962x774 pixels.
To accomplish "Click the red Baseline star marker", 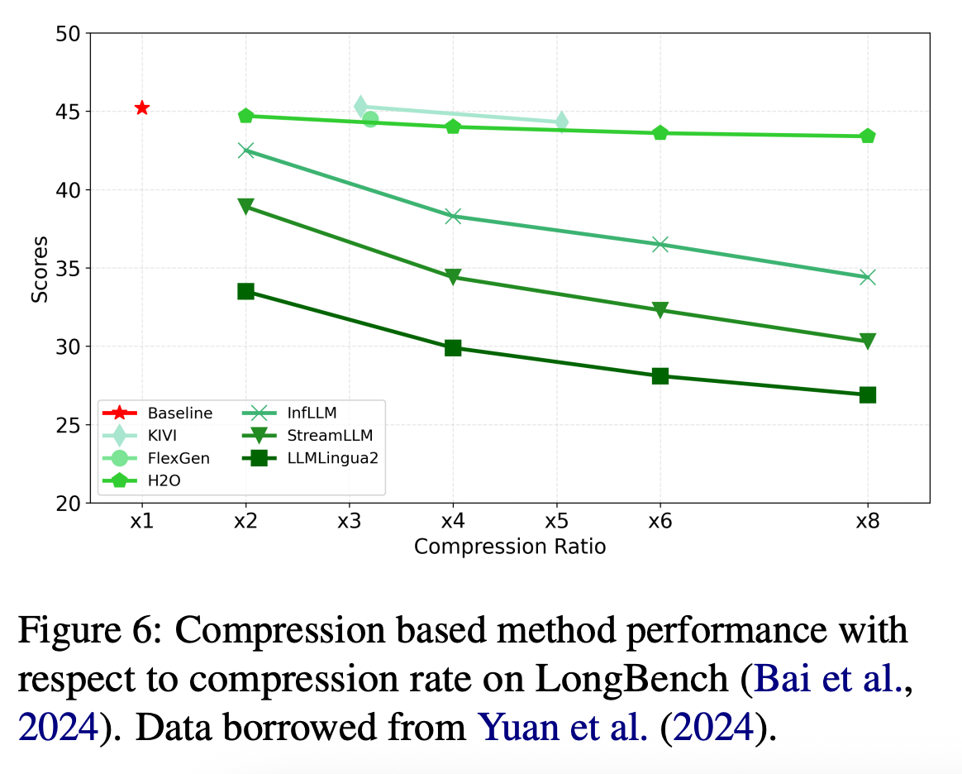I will tap(142, 107).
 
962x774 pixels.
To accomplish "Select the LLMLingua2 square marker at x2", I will tap(245, 291).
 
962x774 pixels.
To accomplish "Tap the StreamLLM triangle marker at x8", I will tap(867, 341).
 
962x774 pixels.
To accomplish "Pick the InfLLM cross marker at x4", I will tap(453, 216).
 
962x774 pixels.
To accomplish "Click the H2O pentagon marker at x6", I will tap(660, 133).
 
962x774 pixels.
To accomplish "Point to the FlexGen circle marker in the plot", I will tap(370, 119).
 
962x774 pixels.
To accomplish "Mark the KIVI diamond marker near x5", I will tap(561, 122).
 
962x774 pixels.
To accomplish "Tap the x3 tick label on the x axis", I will tap(349, 523).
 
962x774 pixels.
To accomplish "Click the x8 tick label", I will tap(867, 523).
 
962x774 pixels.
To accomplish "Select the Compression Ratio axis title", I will tap(510, 547).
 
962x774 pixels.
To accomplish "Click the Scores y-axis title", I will tap(40, 269).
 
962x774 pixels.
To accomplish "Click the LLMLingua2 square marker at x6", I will tap(660, 376).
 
